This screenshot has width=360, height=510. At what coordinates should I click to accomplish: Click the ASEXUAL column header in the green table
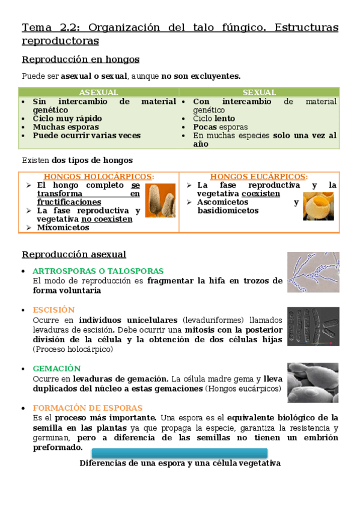[x=99, y=93]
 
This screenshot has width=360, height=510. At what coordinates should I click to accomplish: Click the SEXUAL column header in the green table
[x=259, y=93]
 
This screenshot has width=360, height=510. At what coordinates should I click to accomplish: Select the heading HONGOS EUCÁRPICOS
[x=258, y=177]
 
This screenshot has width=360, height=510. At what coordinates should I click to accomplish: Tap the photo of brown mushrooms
[x=160, y=200]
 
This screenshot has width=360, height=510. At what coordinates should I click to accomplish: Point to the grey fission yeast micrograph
[x=313, y=327]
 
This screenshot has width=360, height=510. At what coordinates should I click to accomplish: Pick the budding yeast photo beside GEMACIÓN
[x=313, y=382]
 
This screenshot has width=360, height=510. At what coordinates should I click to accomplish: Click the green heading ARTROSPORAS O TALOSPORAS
[x=98, y=271]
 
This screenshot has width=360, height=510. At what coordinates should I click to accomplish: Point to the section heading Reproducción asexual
[x=74, y=255]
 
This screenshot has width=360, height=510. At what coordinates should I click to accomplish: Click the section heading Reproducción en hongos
[x=81, y=60]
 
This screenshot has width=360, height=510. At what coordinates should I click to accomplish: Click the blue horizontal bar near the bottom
[x=180, y=453]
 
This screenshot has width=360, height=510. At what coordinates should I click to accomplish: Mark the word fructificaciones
[x=69, y=203]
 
